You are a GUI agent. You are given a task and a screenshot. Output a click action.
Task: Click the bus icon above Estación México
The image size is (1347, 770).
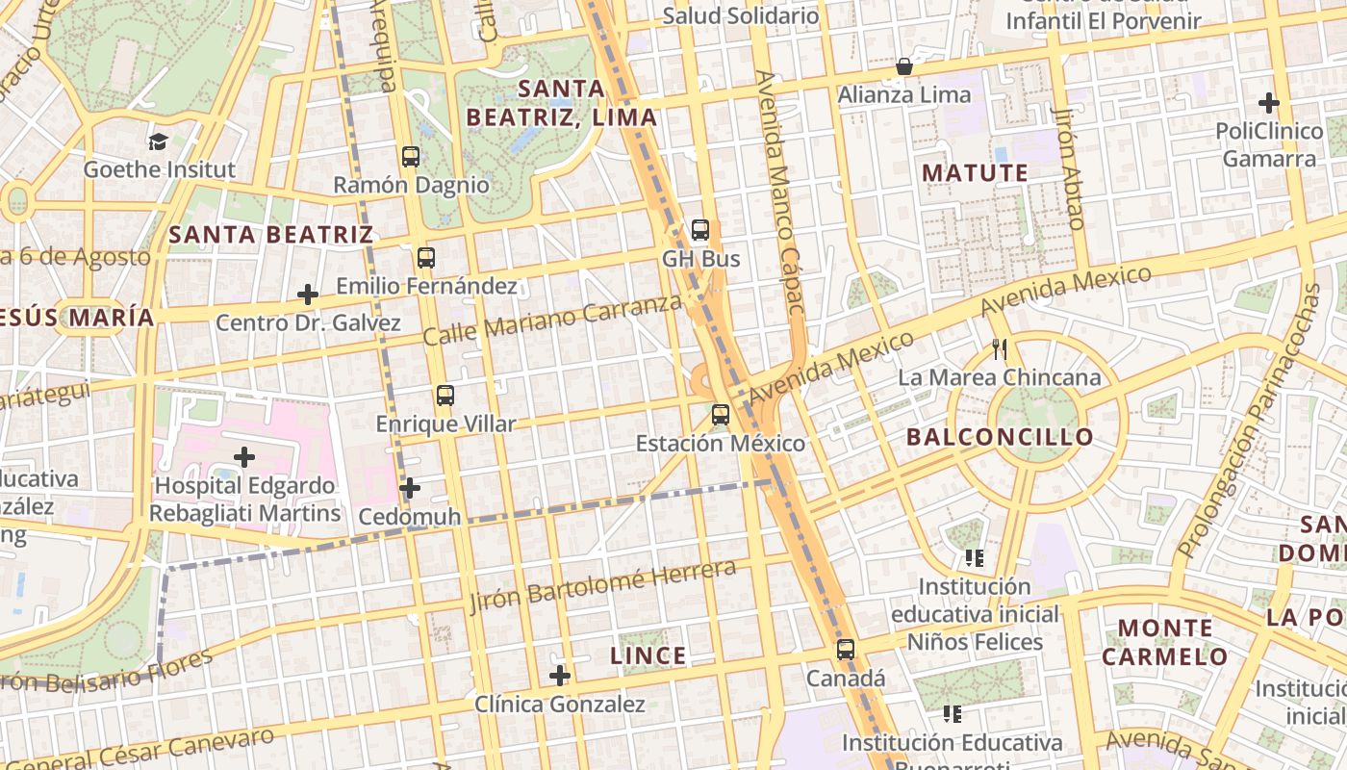(x=720, y=415)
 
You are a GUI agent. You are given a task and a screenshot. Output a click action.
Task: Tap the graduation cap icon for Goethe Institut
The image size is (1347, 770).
(x=158, y=141)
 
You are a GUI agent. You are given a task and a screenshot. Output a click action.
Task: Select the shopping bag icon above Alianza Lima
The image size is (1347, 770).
(x=903, y=66)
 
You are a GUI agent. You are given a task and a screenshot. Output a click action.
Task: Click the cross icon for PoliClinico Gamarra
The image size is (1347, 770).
(x=1268, y=102)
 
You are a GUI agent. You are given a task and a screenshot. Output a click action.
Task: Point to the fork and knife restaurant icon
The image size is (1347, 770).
(x=999, y=348)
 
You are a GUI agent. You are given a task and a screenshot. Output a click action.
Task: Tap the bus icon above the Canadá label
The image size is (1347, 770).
(x=845, y=650)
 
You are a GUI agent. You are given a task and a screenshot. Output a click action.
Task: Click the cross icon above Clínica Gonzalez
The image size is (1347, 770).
(x=559, y=676)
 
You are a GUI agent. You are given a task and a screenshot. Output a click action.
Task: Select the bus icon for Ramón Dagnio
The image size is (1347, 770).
(x=411, y=156)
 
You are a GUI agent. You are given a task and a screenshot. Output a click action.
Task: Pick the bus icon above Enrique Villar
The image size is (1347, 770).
(x=445, y=395)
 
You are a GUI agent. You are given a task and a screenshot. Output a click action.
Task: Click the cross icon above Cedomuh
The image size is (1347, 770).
(x=410, y=488)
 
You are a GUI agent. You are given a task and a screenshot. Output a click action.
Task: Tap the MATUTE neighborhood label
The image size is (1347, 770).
(x=975, y=173)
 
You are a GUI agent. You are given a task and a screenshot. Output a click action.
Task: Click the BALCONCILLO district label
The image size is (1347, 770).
(x=1000, y=437)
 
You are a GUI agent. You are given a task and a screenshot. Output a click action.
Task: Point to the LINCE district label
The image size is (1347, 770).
(x=648, y=656)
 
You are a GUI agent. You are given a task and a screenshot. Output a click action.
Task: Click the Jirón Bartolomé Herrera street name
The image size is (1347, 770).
(x=603, y=585)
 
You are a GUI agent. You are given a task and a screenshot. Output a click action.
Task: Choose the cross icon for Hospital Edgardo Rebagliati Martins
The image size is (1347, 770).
(x=244, y=456)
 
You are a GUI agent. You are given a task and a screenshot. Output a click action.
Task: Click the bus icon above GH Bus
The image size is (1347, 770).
(x=700, y=230)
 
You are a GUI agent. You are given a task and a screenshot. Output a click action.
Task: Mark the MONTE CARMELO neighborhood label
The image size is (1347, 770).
(x=1164, y=643)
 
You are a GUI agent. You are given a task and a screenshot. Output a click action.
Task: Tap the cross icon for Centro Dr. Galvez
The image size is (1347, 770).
(x=308, y=294)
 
